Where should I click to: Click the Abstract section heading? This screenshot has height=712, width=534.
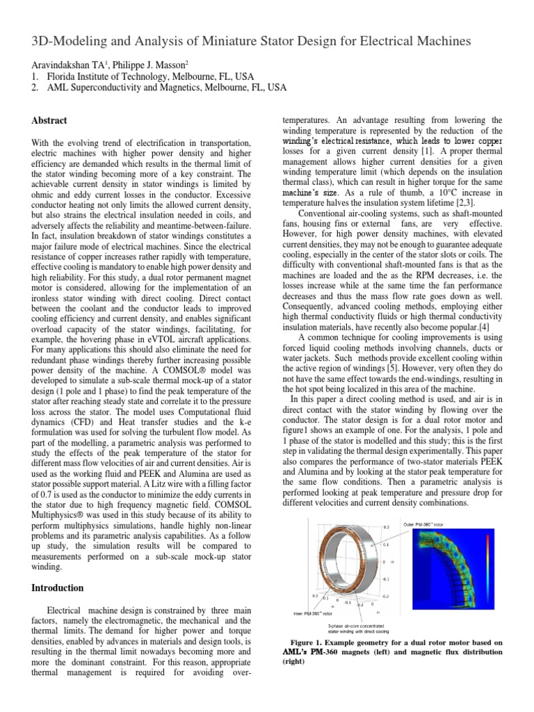pyautogui.click(x=49, y=120)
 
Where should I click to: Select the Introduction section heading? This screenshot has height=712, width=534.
pyautogui.click(x=58, y=588)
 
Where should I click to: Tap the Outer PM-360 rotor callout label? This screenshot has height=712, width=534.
pyautogui.click(x=428, y=524)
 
